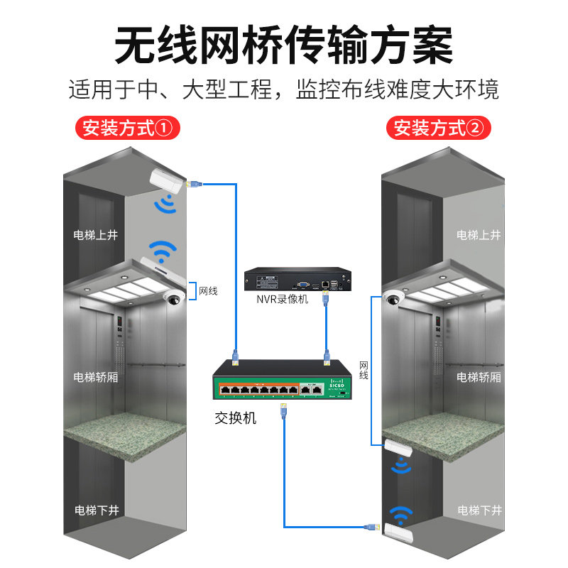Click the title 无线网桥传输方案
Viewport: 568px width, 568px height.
[284, 45]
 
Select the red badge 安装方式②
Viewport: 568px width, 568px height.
[439, 129]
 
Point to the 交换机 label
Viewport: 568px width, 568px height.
[235, 418]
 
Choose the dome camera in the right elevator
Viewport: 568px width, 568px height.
[391, 299]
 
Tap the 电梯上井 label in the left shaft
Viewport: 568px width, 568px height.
[96, 235]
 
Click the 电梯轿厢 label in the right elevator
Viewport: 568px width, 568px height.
[479, 376]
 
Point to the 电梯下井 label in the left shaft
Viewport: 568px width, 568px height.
[97, 510]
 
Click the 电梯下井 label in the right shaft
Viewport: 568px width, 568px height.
[479, 510]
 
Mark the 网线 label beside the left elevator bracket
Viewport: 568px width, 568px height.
[208, 291]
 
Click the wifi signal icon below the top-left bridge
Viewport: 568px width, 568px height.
[166, 204]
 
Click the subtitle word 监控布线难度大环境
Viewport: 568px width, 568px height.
[398, 89]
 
